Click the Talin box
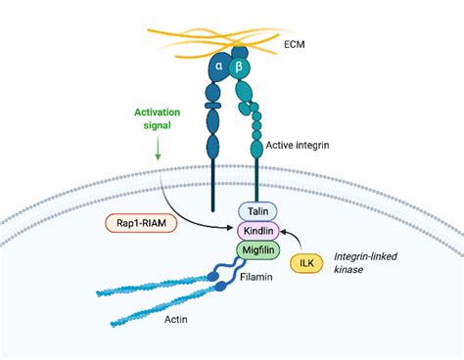point(259,210)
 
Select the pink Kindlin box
point(259,231)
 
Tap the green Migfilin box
point(259,251)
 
